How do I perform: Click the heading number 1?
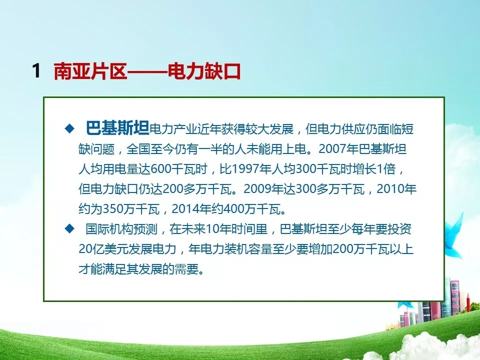36,70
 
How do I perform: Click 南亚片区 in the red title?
90,71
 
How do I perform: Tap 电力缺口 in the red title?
204,71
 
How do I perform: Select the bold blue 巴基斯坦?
117,128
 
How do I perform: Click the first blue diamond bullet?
70,128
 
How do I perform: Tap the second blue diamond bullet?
70,228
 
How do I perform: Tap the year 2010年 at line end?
396,189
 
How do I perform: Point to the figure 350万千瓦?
131,209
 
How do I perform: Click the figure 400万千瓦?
252,209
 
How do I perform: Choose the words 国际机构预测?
121,229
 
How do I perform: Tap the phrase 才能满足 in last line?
102,269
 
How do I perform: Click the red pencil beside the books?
468,304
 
